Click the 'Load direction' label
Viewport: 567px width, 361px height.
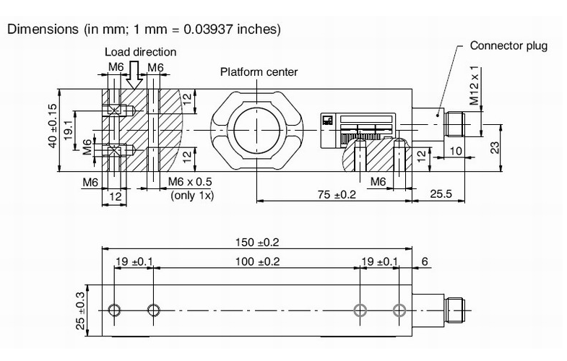point(140,52)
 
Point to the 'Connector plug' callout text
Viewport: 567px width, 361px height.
point(508,45)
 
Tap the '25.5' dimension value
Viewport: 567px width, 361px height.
point(441,193)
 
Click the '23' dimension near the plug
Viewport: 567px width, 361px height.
point(495,147)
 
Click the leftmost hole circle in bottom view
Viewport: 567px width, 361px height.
point(114,311)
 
